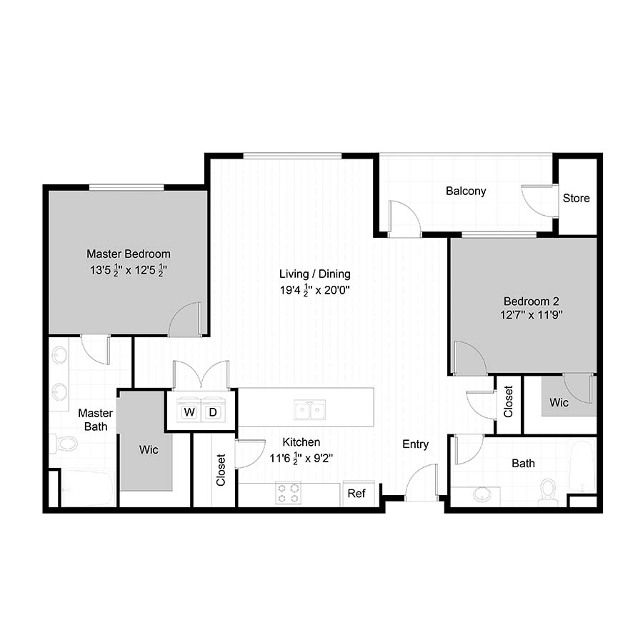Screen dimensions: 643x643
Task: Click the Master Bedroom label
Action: pos(129,254)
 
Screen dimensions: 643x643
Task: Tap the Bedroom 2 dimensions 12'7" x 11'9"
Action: pos(531,315)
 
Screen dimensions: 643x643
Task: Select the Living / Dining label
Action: pos(315,274)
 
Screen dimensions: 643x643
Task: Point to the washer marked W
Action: pos(189,412)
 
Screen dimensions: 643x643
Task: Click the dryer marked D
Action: pos(213,412)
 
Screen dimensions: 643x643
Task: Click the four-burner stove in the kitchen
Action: pos(289,493)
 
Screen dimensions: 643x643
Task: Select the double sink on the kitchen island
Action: pos(310,409)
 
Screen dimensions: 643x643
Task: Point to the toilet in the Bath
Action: pos(547,492)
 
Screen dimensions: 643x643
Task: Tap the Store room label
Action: pos(576,198)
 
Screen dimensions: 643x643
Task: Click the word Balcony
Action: pos(466,191)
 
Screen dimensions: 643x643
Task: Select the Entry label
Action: pos(415,444)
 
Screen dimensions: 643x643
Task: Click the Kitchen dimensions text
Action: pos(301,458)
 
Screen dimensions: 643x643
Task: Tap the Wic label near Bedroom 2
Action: pos(559,402)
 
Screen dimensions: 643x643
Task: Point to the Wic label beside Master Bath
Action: pos(149,450)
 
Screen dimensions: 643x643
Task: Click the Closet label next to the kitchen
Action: pos(221,470)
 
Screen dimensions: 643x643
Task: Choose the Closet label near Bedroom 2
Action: pos(509,402)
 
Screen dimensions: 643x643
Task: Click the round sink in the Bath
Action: pos(482,494)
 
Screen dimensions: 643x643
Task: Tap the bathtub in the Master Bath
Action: pos(87,488)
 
